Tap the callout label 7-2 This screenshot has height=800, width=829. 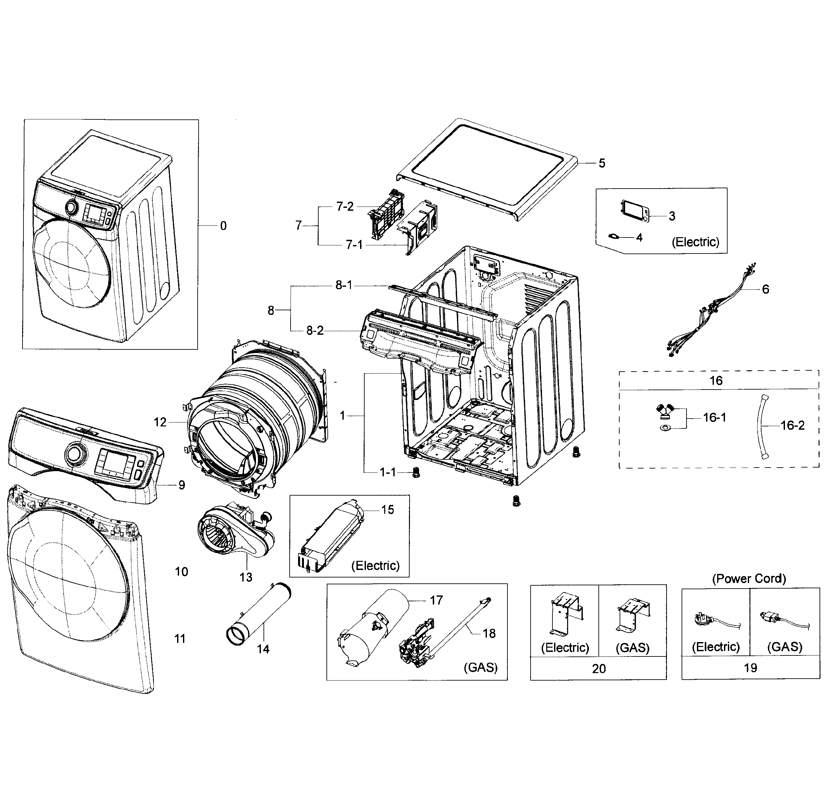[x=345, y=207]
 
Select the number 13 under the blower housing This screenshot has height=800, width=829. [x=246, y=577]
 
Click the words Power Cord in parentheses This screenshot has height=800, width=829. [x=749, y=578]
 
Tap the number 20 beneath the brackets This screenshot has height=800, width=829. [x=598, y=669]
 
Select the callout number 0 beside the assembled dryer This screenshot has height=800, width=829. [x=223, y=226]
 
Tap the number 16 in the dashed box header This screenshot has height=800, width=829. [x=716, y=380]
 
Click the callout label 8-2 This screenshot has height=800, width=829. [x=315, y=331]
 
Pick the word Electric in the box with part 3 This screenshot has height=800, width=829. [x=695, y=242]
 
